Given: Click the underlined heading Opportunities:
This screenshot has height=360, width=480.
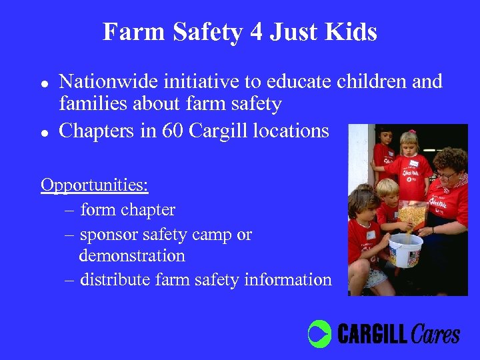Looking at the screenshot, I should pos(94,185).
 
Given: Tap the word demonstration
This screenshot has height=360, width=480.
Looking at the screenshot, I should pos(132,255).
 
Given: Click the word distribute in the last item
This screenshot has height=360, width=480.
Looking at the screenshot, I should pos(114,279).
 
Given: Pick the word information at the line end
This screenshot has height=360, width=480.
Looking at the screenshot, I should pos(287,279).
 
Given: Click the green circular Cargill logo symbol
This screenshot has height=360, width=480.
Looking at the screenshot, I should pos(319,333).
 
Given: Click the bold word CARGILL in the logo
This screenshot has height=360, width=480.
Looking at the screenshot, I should pos(373,333).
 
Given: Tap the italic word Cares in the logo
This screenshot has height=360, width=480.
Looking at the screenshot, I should pos(435,333).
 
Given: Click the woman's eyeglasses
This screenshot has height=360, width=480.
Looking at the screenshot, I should pos(445,175).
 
